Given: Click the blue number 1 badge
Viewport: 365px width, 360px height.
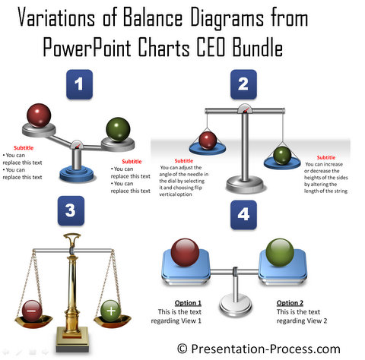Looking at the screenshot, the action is point(79,84).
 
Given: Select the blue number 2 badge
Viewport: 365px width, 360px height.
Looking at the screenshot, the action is point(243,84).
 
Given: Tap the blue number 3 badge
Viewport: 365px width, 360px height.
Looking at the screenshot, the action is point(71,210).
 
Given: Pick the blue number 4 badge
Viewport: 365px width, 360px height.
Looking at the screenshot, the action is point(243,215).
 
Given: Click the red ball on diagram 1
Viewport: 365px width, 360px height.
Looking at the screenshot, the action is point(39,115).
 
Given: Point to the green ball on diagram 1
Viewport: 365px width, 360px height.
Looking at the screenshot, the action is point(118,129).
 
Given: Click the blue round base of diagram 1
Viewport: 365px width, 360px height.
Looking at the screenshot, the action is point(77,174).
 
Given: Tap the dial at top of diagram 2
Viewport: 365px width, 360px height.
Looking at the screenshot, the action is point(245,109).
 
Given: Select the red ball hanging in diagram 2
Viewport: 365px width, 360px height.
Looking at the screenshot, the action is point(208,141).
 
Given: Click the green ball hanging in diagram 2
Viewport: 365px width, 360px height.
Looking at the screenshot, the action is point(282,156).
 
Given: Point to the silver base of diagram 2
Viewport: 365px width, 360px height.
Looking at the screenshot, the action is point(245,184).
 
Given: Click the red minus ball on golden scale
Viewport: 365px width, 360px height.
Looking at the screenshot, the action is point(32,311).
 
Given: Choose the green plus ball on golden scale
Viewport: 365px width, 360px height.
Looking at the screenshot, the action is point(111,311).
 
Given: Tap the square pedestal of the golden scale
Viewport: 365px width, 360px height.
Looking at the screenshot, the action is point(72,339).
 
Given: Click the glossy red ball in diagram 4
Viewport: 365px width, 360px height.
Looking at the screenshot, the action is point(185,252).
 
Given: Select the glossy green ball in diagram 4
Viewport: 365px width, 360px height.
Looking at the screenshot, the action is point(280,252).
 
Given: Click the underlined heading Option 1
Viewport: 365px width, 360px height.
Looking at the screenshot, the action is point(188,303).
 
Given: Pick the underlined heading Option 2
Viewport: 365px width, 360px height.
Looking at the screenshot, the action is point(290,303).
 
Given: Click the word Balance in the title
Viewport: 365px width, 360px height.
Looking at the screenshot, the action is point(153,17).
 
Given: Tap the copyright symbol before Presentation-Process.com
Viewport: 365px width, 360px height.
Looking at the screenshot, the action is point(182,349).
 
